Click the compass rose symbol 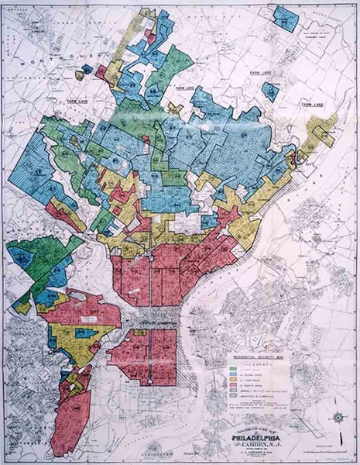tap(339, 418)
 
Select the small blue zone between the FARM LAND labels tap(271, 91)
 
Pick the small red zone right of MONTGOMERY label tap(101, 71)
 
